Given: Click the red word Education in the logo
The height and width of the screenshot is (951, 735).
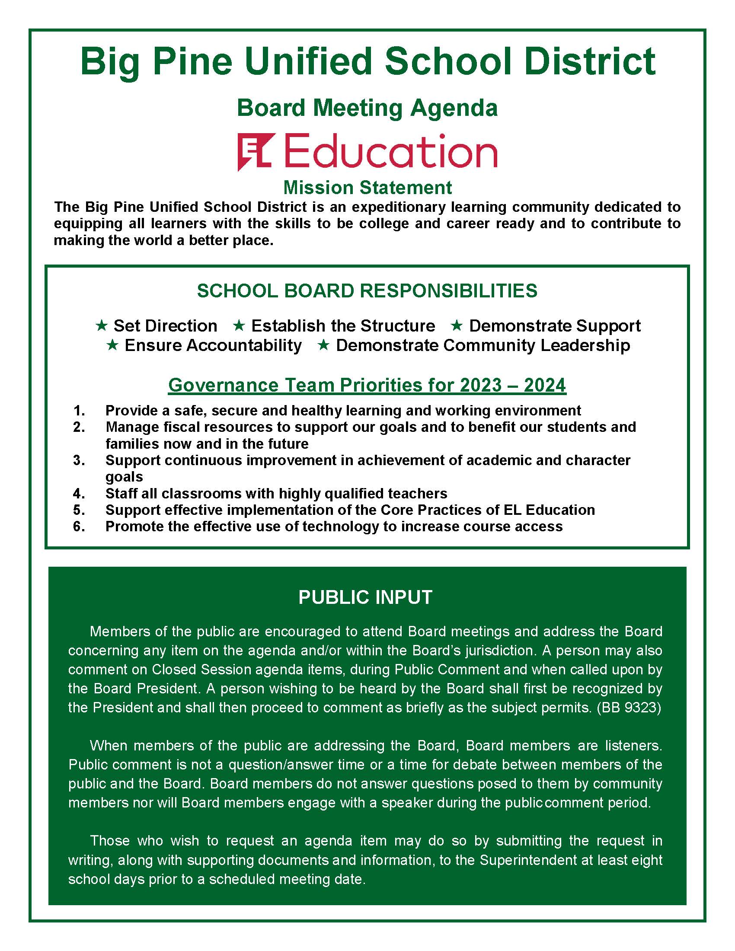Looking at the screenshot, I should click(x=390, y=151).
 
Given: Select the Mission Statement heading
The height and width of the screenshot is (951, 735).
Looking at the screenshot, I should click(x=367, y=188).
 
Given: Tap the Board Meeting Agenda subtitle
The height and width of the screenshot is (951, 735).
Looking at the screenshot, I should click(x=367, y=108).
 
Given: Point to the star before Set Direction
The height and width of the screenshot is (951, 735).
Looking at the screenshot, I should click(x=102, y=325).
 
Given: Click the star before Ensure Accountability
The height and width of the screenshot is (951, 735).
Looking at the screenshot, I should click(x=112, y=345).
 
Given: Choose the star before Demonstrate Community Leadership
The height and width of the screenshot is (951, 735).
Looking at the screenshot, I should click(x=323, y=345).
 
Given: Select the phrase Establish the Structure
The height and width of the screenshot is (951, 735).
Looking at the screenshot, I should click(x=343, y=326).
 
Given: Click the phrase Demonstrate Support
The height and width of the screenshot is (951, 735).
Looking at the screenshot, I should click(x=555, y=326).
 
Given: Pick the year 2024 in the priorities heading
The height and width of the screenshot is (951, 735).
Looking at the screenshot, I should click(x=545, y=385).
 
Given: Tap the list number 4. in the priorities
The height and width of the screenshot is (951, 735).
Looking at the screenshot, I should click(x=79, y=493).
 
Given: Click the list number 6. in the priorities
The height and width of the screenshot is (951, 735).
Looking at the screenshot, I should click(x=79, y=527).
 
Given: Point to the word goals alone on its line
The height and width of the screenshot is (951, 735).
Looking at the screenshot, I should click(x=124, y=477).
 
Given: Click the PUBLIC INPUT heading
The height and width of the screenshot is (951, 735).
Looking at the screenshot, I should click(x=365, y=597).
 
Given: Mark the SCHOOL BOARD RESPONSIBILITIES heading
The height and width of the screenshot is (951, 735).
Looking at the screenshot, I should click(x=367, y=291).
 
